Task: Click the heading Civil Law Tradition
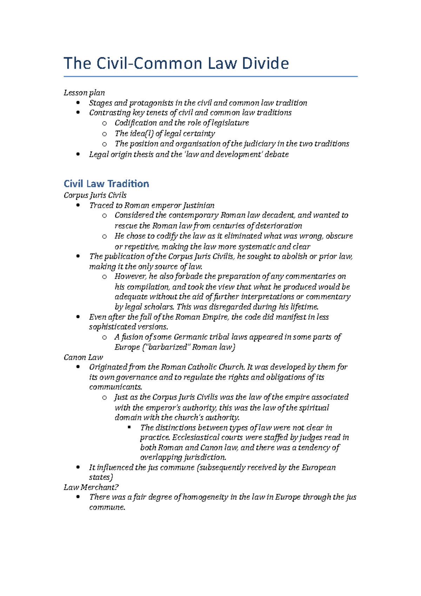pyautogui.click(x=106, y=184)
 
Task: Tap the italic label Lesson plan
pyautogui.click(x=84, y=93)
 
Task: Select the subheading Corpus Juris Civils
pyautogui.click(x=95, y=195)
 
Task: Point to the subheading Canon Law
pyautogui.click(x=83, y=357)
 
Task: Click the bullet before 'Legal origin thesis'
pyautogui.click(x=78, y=154)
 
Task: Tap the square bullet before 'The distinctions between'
pyautogui.click(x=129, y=427)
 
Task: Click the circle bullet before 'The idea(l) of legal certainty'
pyautogui.click(x=104, y=133)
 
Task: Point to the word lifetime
pyautogui.click(x=304, y=307)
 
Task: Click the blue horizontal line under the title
pyautogui.click(x=210, y=76)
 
